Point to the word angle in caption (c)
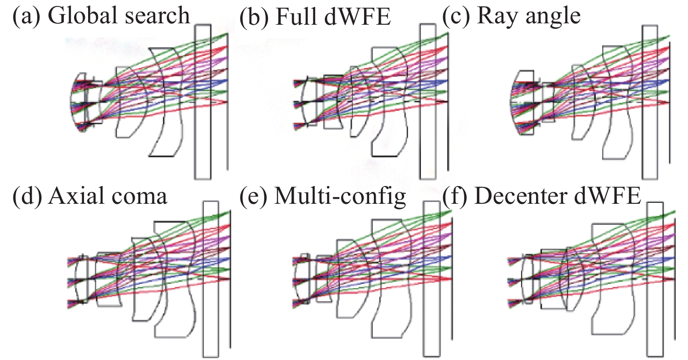(x=554, y=17)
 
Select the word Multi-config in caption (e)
(x=340, y=196)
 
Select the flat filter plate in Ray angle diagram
(x=650, y=102)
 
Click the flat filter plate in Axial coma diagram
(x=211, y=279)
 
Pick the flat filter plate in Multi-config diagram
(x=431, y=279)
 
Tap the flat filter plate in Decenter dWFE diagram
(x=655, y=280)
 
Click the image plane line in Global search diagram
(x=227, y=117)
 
